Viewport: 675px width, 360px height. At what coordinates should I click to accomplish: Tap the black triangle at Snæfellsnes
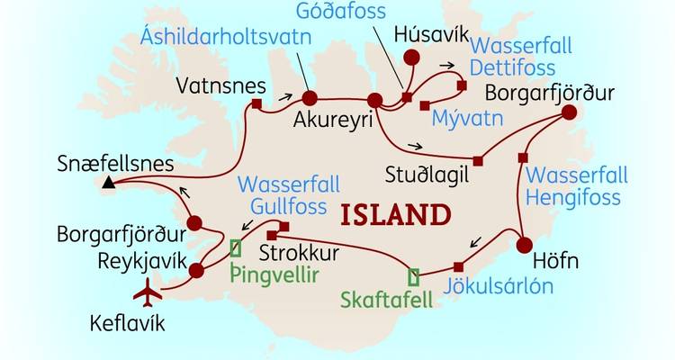click(109, 184)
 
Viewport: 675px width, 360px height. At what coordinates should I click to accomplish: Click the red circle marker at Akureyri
click(310, 98)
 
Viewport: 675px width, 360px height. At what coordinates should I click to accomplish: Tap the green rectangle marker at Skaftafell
click(413, 277)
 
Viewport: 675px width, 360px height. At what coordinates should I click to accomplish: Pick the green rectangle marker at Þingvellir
click(237, 247)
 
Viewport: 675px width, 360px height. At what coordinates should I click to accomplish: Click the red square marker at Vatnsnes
click(256, 105)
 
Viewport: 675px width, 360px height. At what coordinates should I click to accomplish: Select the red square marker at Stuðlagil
click(478, 162)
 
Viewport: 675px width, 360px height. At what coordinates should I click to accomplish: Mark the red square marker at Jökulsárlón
click(459, 265)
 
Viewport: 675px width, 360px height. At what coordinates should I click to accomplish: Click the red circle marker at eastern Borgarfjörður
click(569, 113)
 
